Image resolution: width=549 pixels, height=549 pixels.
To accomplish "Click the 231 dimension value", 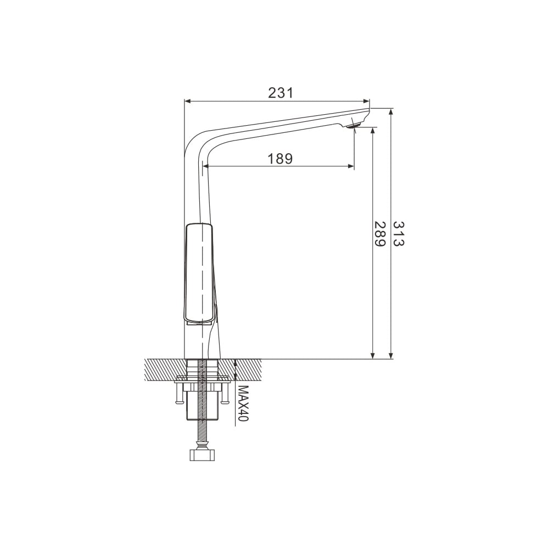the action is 280,93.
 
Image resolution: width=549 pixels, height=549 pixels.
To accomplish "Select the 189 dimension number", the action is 280,159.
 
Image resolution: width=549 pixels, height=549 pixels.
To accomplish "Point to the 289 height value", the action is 379,233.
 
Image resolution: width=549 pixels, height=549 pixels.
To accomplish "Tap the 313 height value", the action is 399,233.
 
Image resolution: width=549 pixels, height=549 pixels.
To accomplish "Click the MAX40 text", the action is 243,404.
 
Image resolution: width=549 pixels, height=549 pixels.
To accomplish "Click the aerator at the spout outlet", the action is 354,125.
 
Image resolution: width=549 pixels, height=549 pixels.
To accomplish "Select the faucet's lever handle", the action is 199,272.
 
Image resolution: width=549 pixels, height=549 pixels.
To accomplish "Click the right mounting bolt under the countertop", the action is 225,393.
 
